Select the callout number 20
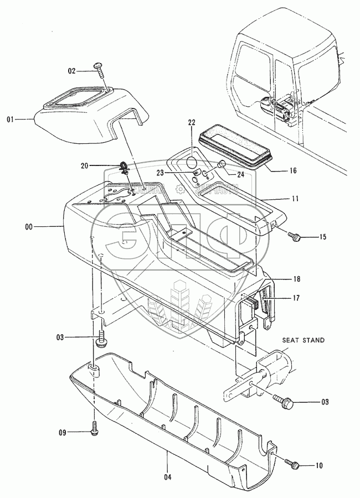84,165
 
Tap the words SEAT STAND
303,340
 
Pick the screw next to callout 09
94,428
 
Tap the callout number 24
240,174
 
